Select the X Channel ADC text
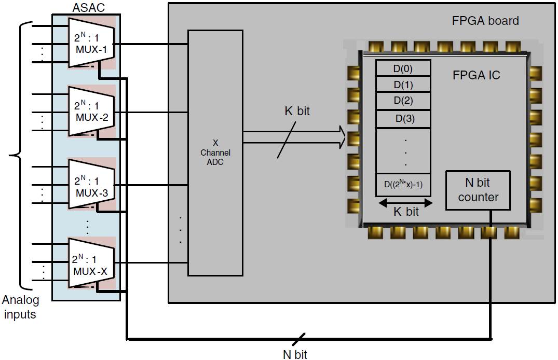[215, 153]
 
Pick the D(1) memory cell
[403, 85]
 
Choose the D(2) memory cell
[403, 101]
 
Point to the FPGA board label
[485, 21]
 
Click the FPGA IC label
[476, 75]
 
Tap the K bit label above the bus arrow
[297, 111]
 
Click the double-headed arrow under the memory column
[403, 202]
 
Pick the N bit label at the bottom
[294, 354]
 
